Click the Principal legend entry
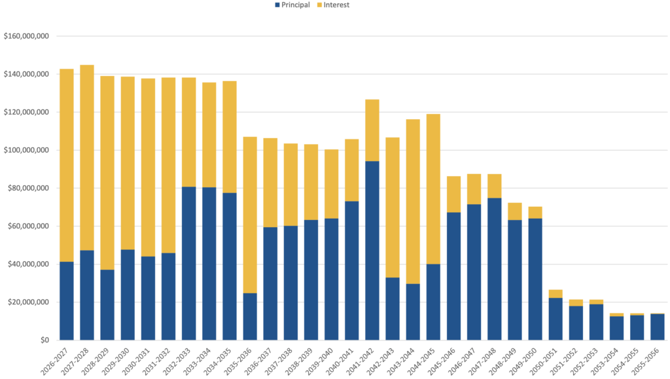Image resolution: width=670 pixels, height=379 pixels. [x=292, y=5]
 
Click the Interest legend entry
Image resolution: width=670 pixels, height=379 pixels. [x=333, y=5]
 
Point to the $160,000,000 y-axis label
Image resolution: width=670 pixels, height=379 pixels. [x=26, y=36]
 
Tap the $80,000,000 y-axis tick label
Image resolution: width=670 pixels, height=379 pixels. [x=28, y=188]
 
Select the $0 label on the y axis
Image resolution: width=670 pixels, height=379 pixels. [x=45, y=340]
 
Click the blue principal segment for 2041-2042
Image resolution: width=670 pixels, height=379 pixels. [x=372, y=251]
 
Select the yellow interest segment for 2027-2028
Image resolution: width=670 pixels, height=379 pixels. [x=87, y=158]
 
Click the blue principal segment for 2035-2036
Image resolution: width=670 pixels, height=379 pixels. [x=250, y=317]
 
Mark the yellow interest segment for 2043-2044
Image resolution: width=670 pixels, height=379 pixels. [x=413, y=202]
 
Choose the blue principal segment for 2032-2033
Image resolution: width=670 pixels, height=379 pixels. [x=189, y=263]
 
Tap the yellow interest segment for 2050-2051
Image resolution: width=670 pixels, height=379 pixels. [x=555, y=294]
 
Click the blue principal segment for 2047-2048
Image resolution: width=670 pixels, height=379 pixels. [x=495, y=269]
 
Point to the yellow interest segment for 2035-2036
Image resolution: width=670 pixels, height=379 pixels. [x=250, y=215]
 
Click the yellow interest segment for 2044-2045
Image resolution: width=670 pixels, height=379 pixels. [x=433, y=189]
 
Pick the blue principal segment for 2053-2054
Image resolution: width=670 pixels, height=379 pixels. [x=616, y=328]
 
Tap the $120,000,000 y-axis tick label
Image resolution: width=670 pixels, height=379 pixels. [x=26, y=112]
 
